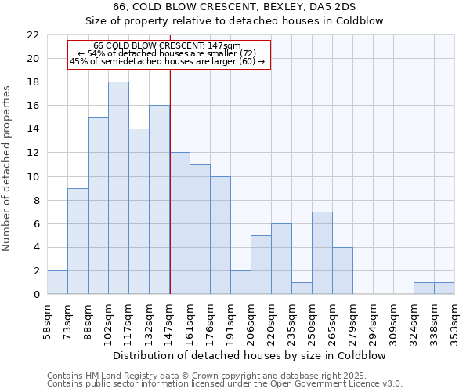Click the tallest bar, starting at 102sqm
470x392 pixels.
click(x=118, y=188)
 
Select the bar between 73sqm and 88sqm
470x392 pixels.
click(x=78, y=241)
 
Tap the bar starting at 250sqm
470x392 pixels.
click(x=322, y=253)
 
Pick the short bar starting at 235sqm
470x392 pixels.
click(x=302, y=289)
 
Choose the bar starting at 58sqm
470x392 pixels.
click(x=57, y=283)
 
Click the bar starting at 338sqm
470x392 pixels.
click(x=444, y=289)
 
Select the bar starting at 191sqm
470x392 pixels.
click(x=240, y=283)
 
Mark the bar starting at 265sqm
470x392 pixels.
click(x=342, y=271)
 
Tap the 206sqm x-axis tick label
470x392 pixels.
click(x=250, y=322)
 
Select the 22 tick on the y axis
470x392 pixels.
click(x=32, y=35)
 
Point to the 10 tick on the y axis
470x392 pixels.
click(x=32, y=176)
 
